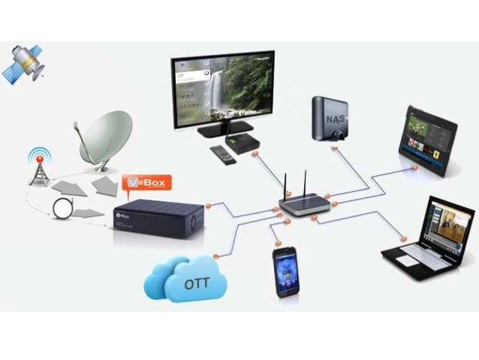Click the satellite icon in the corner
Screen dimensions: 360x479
(23, 63)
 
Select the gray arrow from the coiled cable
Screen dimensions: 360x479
(89, 213)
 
